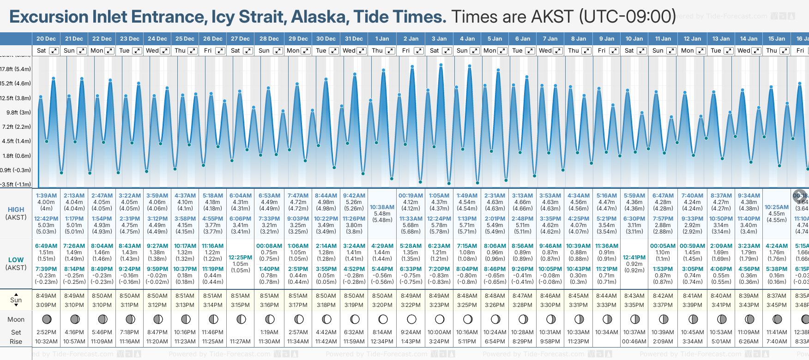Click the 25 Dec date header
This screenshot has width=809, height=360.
coord(185,39)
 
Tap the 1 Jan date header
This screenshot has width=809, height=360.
coord(382,39)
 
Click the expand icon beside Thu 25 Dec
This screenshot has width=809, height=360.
coord(193,51)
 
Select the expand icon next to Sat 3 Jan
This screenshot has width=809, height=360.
coord(447,51)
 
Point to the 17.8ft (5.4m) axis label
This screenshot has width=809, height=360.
coord(16,69)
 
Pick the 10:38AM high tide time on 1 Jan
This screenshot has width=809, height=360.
coord(382,207)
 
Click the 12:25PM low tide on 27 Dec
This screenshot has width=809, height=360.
coord(241,258)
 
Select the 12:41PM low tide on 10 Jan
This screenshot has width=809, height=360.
coord(634,258)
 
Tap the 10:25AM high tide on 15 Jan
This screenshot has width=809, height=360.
coord(777,207)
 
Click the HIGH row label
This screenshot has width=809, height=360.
coord(16,210)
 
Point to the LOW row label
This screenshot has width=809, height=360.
coord(16,260)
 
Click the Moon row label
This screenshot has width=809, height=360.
coord(16,319)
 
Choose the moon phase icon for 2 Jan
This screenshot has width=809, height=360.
coord(411,319)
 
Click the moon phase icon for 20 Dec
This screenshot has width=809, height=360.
coord(47,319)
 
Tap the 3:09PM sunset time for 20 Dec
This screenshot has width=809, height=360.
coord(46,305)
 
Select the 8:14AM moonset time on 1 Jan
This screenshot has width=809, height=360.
coord(382,332)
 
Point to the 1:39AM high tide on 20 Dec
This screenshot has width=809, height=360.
coord(46,196)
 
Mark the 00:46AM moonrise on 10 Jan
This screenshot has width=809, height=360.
coord(634,342)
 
